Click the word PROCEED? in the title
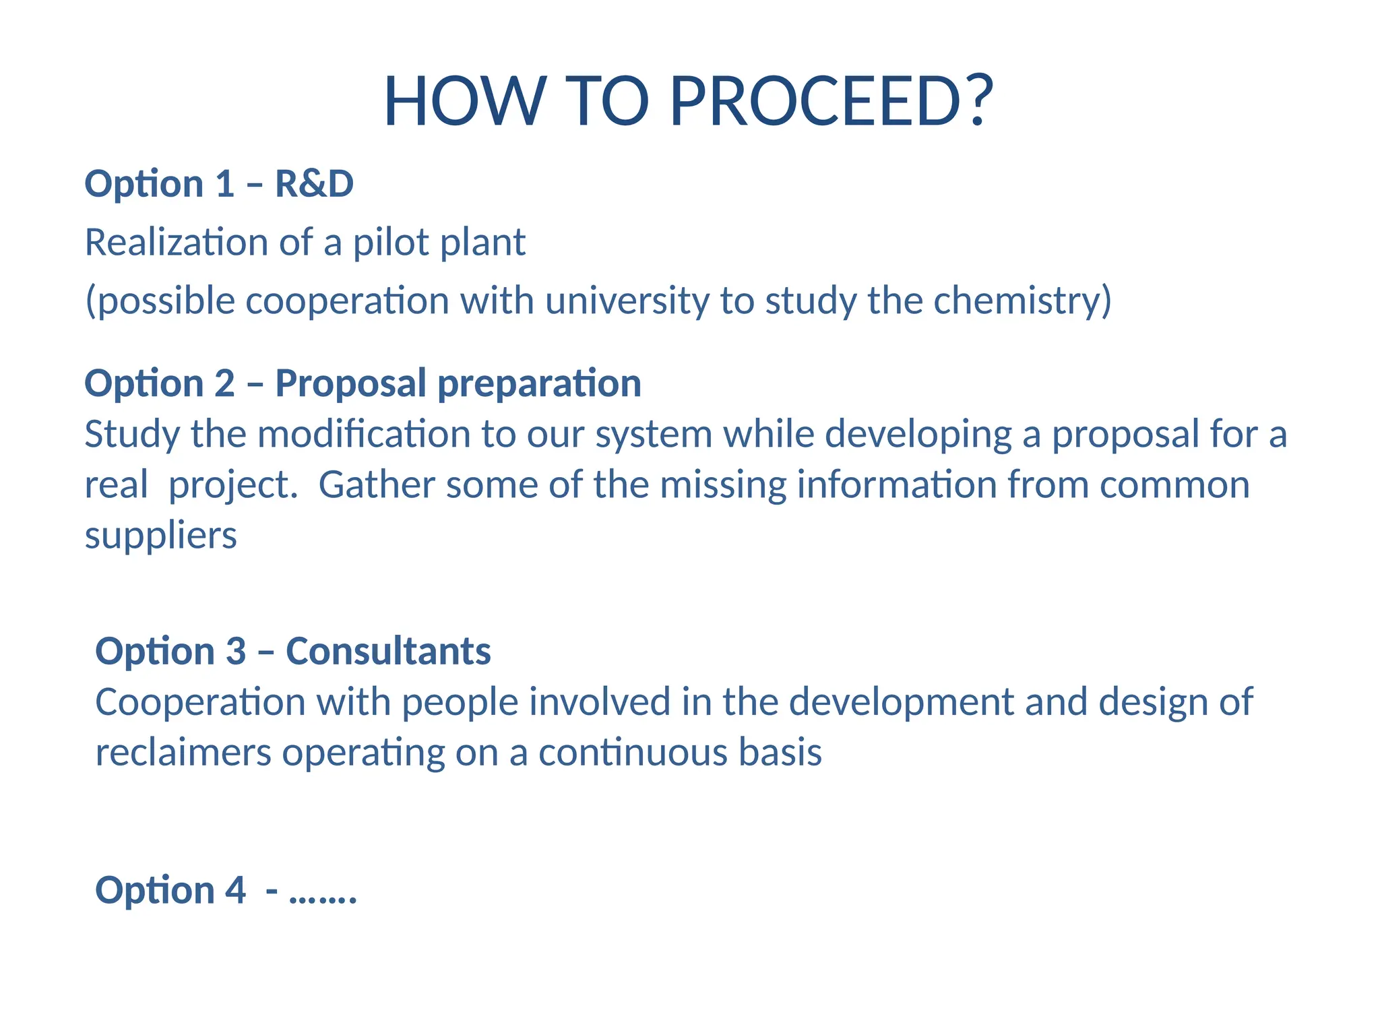[x=832, y=101]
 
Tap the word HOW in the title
[x=464, y=101]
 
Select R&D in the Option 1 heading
[x=314, y=184]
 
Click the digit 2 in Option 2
[x=224, y=383]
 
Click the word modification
[x=364, y=433]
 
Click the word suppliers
[x=160, y=536]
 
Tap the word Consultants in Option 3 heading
[x=388, y=651]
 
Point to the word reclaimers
[x=183, y=752]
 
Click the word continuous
[x=633, y=752]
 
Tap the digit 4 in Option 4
[x=235, y=890]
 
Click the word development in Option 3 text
[x=901, y=702]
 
